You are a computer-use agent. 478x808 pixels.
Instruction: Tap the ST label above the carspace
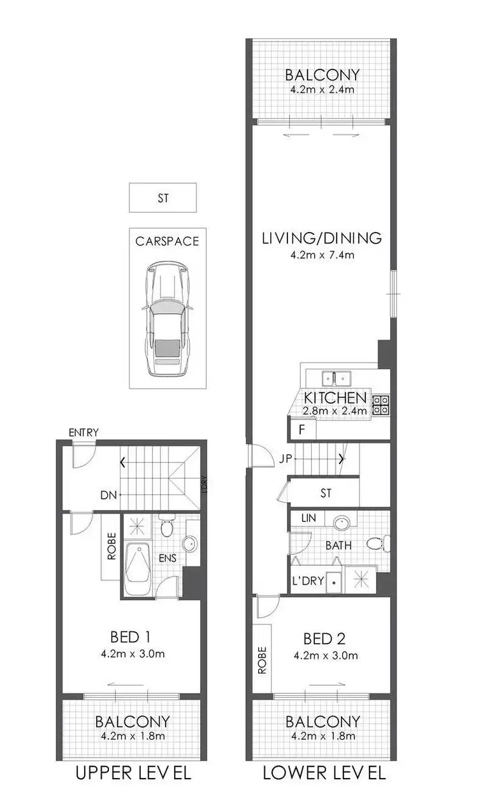pos(163,198)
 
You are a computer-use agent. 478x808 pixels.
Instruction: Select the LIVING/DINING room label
pos(322,238)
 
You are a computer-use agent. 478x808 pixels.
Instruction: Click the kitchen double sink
pos(338,379)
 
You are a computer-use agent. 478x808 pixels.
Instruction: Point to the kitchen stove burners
pos(380,405)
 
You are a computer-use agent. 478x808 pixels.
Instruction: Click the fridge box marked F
pos(302,429)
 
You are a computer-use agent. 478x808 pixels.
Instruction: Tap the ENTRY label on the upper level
pos(84,433)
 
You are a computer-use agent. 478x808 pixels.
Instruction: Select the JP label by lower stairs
pos(286,458)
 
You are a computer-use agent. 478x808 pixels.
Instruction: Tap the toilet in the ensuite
pos(166,526)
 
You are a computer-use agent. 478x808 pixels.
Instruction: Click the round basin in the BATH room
pos(342,523)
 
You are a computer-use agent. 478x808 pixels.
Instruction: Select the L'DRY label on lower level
pos(308,581)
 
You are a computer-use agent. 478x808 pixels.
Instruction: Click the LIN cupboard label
pos(308,519)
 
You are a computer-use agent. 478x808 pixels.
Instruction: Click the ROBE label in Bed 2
pos(262,660)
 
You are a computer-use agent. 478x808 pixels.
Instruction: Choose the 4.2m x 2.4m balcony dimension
pos(322,89)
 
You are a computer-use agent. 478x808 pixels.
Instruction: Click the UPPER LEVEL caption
pos(133,774)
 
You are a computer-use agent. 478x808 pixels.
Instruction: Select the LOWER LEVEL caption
pos(324,774)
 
